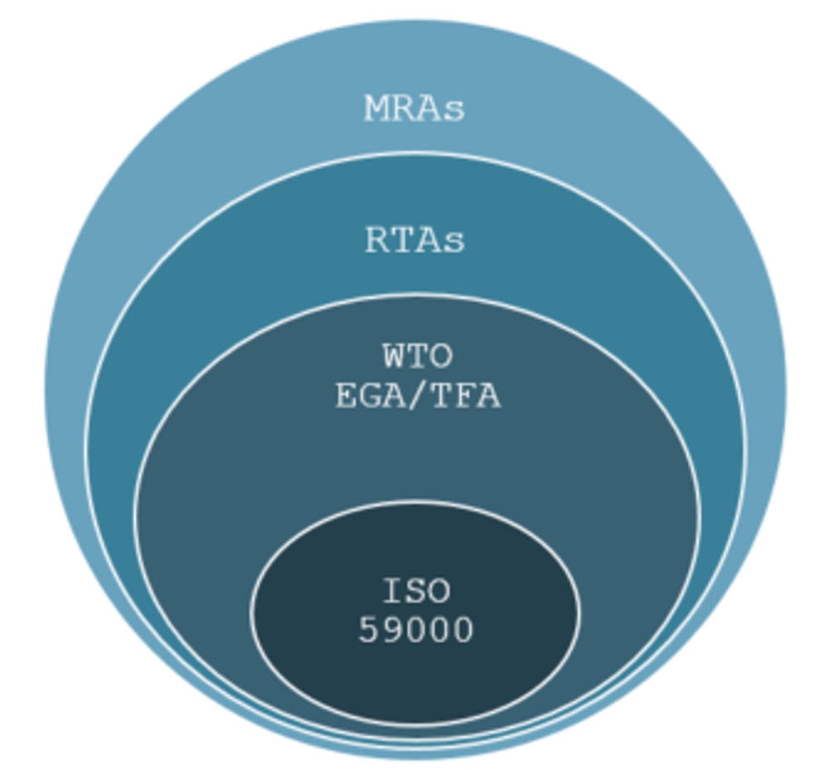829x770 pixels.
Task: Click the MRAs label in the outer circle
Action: point(414,109)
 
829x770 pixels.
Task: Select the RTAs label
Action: point(415,241)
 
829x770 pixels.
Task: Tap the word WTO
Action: point(417,357)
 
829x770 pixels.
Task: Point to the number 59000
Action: point(416,631)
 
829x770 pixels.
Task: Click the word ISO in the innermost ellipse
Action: point(417,592)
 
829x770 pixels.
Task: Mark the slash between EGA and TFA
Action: point(418,397)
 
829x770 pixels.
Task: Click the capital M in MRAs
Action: point(377,109)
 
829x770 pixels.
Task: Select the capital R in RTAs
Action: point(378,241)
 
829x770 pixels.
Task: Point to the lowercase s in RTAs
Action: point(453,243)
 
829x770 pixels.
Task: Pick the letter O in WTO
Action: point(441,357)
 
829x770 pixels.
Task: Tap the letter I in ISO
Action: point(394,592)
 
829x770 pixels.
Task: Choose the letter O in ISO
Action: point(440,592)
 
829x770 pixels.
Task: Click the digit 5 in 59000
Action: point(370,631)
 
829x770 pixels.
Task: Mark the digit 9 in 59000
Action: point(393,631)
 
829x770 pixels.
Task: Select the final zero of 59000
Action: point(463,631)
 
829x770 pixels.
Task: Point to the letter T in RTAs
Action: point(403,241)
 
